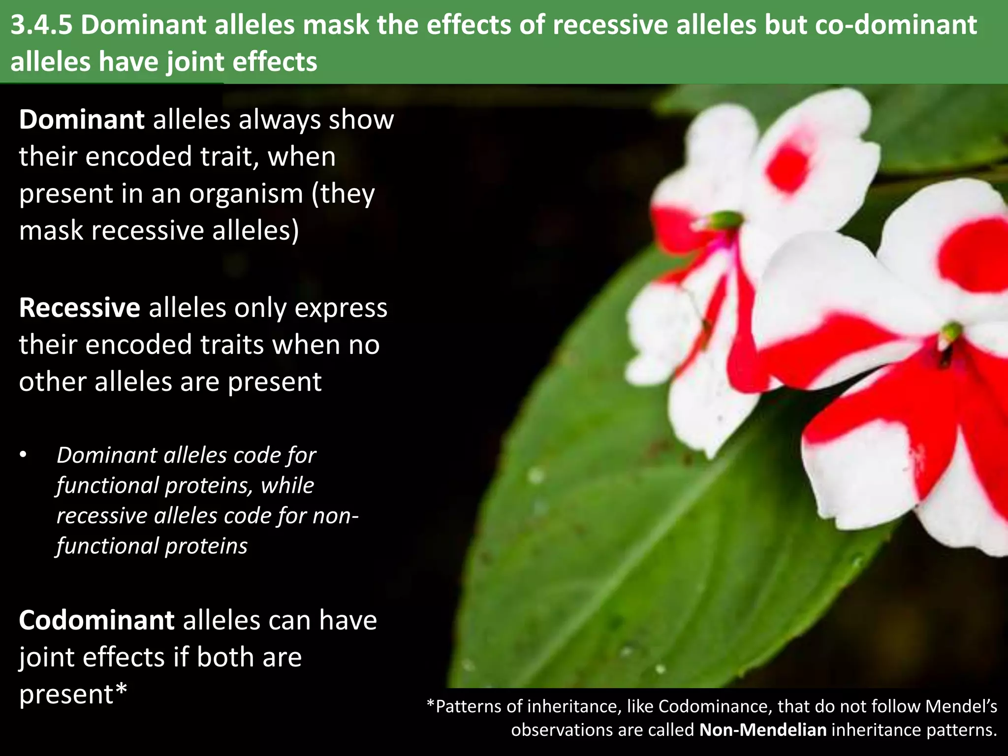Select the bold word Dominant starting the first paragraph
(x=81, y=120)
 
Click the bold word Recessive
(x=80, y=308)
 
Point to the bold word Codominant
(x=96, y=620)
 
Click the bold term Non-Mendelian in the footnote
(x=762, y=729)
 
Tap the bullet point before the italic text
(x=23, y=455)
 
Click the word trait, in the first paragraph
(x=230, y=157)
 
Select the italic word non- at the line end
(x=335, y=516)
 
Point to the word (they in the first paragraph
(x=343, y=193)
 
